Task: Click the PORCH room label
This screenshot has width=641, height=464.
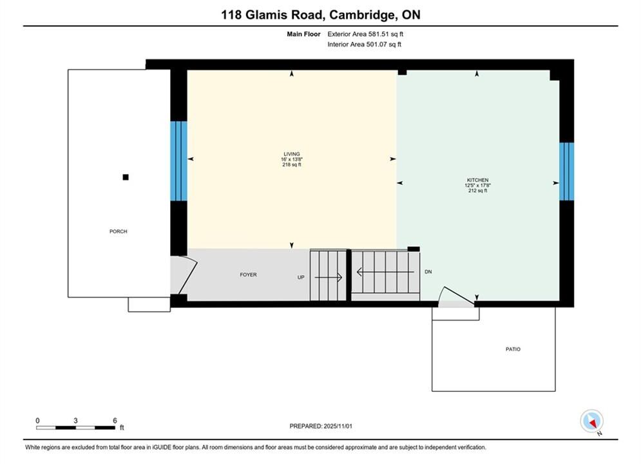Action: tap(118, 231)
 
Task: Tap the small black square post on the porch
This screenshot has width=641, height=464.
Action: tap(126, 177)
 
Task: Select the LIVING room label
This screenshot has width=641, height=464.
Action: tap(292, 154)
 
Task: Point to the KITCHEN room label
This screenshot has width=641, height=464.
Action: tap(477, 180)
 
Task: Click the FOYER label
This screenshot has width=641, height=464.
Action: tap(248, 275)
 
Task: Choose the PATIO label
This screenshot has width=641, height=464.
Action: tap(513, 349)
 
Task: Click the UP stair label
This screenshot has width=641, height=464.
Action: tap(301, 277)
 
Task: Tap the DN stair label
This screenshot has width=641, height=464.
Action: tap(428, 271)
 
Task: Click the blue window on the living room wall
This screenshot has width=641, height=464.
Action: tap(178, 161)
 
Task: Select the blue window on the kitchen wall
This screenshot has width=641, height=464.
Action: tap(567, 171)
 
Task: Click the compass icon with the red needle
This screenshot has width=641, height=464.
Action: tap(591, 421)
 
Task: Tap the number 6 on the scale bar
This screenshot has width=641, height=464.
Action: tap(115, 420)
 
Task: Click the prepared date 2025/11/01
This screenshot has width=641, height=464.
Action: tap(338, 426)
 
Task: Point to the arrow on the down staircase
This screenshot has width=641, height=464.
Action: tap(385, 272)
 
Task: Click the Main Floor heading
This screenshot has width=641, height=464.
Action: tap(303, 34)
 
